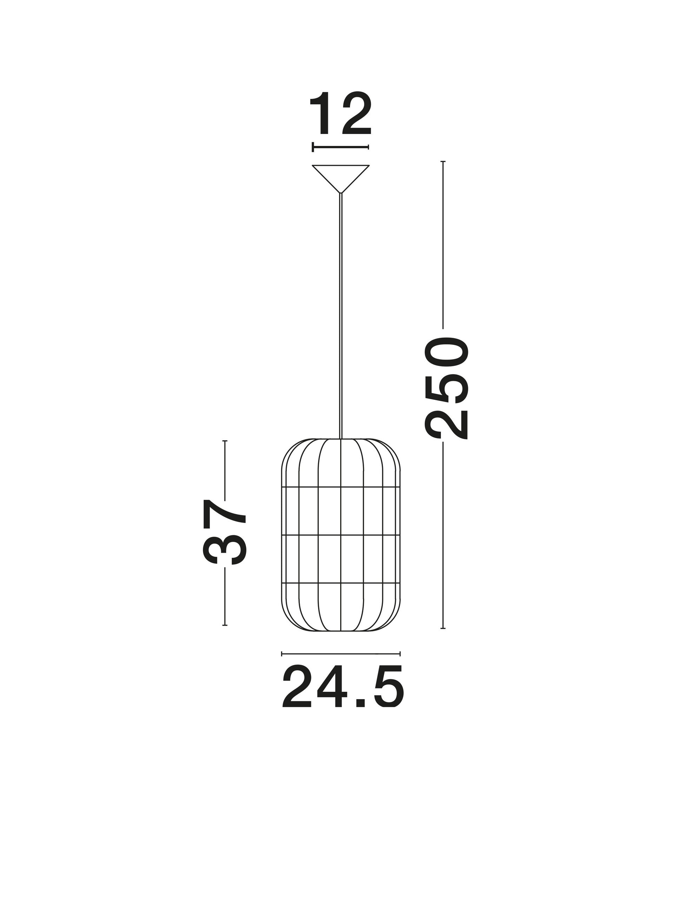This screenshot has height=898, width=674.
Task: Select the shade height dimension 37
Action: pyautogui.click(x=224, y=532)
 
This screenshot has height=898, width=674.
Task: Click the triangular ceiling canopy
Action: pyautogui.click(x=341, y=175)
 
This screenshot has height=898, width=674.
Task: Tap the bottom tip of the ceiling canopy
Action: pyautogui.click(x=341, y=194)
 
